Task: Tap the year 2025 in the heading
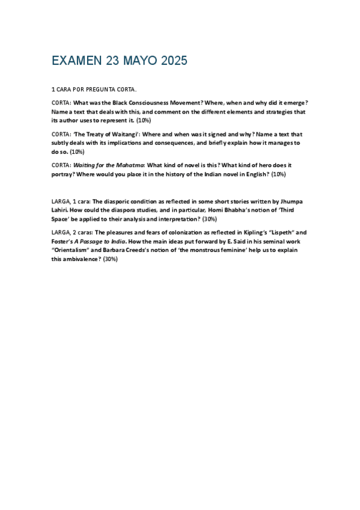(x=172, y=61)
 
